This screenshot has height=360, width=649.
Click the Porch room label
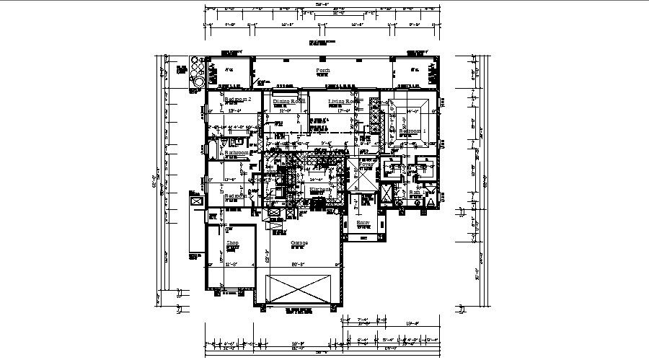coord(323,71)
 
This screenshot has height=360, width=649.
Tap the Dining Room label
coord(288,102)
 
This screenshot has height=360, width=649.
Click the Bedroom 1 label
coord(413,131)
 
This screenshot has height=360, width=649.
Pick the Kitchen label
coord(319,190)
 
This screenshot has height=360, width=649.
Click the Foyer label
coord(366,164)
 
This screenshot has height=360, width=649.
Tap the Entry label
coord(363,223)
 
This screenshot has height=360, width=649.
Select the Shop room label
coord(232,243)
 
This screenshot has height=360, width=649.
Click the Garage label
coord(299,243)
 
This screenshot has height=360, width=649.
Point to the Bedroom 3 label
coord(236,196)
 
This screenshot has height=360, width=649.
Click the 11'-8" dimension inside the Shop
coord(232,265)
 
